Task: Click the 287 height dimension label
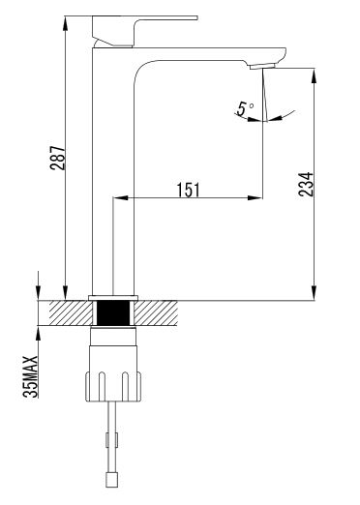click(57, 158)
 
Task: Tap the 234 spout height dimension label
click(306, 184)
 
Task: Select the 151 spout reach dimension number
click(189, 190)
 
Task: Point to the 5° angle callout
click(245, 108)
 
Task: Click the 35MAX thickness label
click(31, 376)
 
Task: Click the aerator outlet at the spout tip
click(262, 66)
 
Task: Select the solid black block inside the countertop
click(113, 312)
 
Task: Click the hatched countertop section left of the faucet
click(70, 312)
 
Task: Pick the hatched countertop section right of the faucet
click(156, 312)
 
